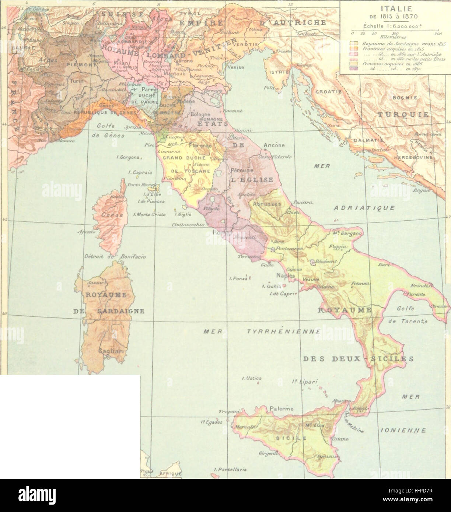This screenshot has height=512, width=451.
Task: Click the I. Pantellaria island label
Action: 229,470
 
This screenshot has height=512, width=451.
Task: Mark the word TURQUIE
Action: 402,115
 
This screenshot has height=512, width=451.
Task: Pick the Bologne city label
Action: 200,114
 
